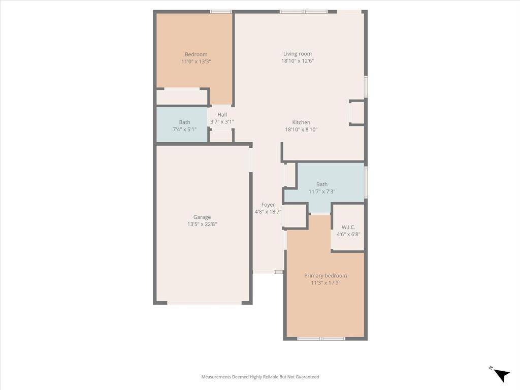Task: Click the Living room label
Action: [x=297, y=54]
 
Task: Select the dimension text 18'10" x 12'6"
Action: [x=297, y=61]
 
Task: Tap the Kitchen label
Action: [x=301, y=122]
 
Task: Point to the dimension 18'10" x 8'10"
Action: [x=301, y=129]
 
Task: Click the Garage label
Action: [x=202, y=217]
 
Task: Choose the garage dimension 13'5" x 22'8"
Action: [x=202, y=224]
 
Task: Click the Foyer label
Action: [x=268, y=205]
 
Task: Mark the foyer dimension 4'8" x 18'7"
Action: [x=268, y=212]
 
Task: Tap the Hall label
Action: [x=222, y=115]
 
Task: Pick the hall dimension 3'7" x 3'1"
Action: [x=222, y=122]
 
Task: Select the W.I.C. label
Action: [x=348, y=227]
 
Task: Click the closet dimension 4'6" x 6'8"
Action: [x=348, y=234]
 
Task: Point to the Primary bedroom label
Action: [x=326, y=276]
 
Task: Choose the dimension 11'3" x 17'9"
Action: [x=326, y=283]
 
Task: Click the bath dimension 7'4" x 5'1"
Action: [x=184, y=129]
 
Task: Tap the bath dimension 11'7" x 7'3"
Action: [x=322, y=192]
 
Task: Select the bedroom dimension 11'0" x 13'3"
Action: [x=196, y=61]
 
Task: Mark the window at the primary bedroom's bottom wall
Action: [x=321, y=339]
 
